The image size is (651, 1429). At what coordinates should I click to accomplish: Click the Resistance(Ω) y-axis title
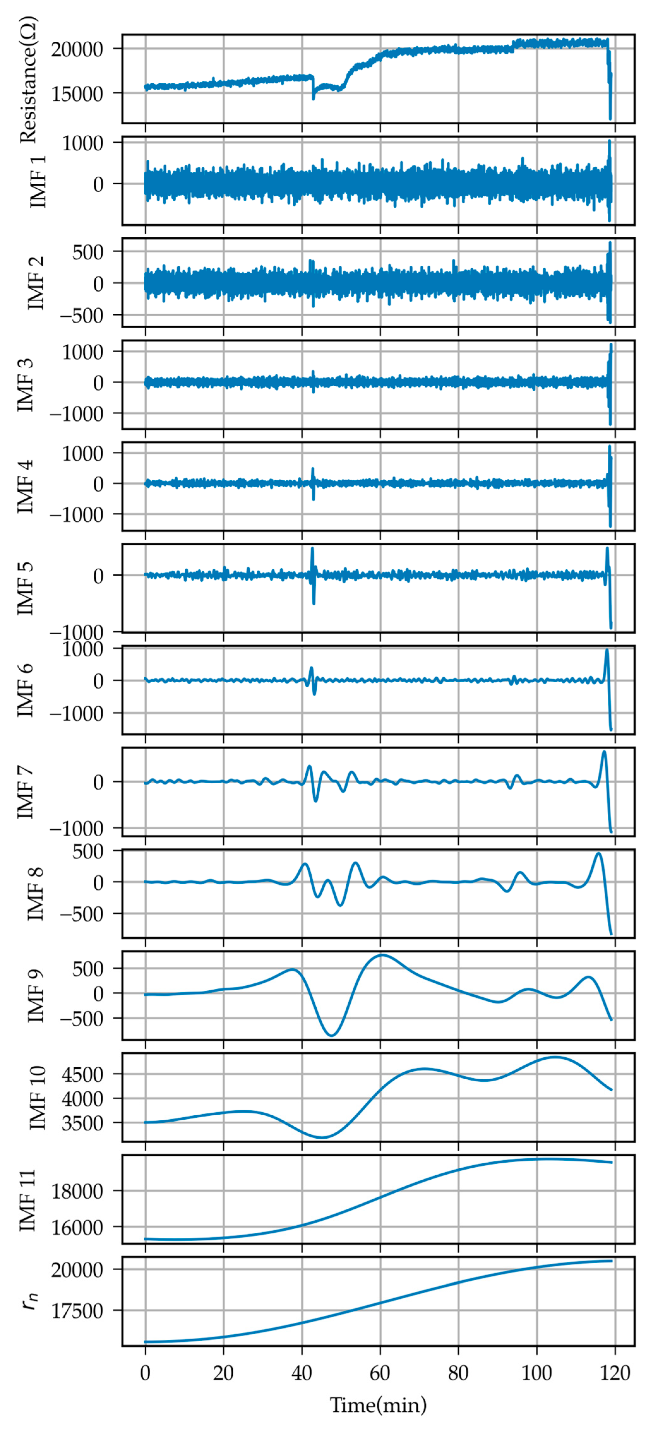28,79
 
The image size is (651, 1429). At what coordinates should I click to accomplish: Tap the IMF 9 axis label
37,996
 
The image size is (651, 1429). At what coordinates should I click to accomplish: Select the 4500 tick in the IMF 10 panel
83,1075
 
